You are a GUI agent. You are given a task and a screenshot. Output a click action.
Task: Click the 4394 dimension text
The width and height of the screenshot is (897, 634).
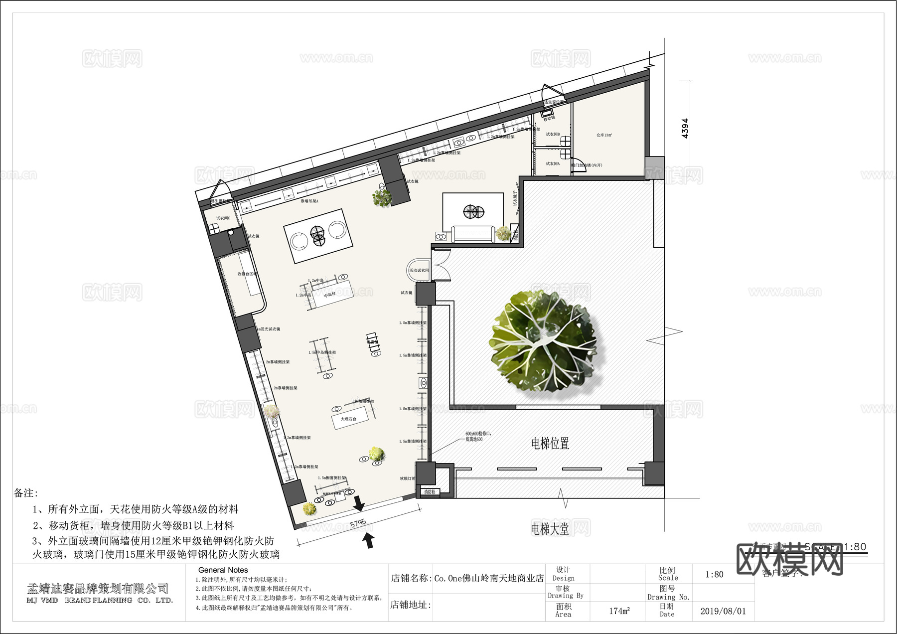click(x=685, y=128)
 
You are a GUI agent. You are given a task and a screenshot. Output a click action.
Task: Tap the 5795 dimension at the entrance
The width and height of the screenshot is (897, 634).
click(x=358, y=524)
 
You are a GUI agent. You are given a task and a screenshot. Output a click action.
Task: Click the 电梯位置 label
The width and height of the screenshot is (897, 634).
click(x=550, y=443)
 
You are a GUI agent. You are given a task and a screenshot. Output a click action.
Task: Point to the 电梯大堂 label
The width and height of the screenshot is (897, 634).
click(x=550, y=529)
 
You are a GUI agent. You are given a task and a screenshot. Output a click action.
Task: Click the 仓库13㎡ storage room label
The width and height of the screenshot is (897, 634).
click(x=604, y=135)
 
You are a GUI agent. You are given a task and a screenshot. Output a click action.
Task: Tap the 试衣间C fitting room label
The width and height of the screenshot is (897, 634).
click(x=223, y=218)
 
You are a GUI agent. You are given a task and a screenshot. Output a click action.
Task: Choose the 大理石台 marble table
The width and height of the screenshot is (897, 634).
click(x=349, y=419)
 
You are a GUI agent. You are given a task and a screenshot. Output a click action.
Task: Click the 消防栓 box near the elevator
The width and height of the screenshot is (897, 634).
click(x=430, y=492)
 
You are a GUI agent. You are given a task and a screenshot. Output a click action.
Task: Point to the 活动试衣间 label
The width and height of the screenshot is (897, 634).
click(x=419, y=271)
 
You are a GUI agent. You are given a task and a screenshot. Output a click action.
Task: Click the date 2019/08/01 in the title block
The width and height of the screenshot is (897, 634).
click(x=723, y=611)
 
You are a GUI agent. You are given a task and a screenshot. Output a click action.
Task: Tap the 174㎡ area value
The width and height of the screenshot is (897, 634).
click(x=619, y=611)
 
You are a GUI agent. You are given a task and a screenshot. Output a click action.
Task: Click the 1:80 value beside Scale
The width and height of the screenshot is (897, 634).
click(x=714, y=574)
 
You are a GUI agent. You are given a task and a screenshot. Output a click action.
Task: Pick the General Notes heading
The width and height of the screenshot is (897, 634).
click(x=223, y=570)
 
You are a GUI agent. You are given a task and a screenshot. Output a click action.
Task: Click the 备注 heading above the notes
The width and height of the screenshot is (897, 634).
click(x=26, y=493)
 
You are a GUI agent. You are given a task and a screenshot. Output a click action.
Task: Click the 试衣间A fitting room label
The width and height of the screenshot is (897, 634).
click(x=552, y=163)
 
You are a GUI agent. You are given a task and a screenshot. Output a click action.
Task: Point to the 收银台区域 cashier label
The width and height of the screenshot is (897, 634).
click(x=247, y=274)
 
